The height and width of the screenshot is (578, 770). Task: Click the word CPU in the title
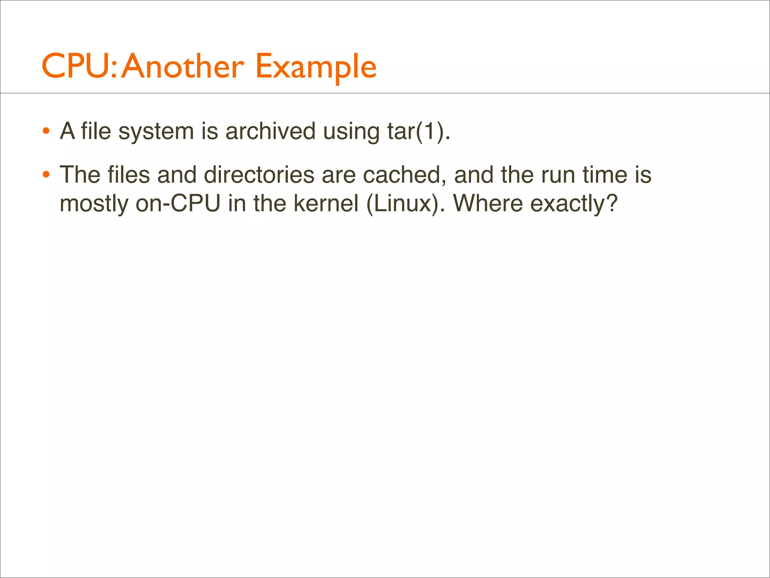click(x=78, y=67)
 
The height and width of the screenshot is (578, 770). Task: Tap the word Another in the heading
click(x=182, y=67)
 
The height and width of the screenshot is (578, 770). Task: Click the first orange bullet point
click(x=46, y=131)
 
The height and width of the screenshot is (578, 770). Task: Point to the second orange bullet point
click(x=46, y=175)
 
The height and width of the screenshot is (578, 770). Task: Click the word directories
click(x=259, y=175)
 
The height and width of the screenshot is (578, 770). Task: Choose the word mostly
click(x=94, y=204)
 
